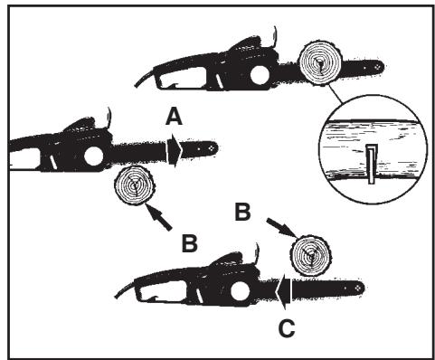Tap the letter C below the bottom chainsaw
286,327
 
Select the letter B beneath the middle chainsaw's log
189,242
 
